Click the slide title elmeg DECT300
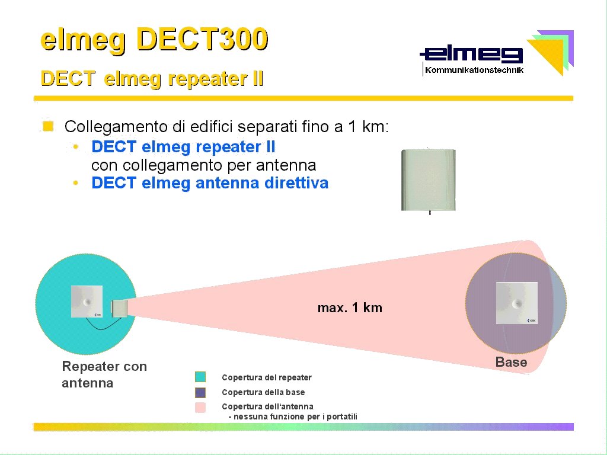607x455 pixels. point(154,40)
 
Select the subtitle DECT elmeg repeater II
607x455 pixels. point(152,79)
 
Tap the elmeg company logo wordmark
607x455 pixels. point(471,55)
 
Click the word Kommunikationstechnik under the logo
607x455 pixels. point(474,70)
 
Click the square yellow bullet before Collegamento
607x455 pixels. point(48,126)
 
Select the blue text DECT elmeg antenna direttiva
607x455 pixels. point(210,183)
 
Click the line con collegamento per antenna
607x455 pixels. point(204,165)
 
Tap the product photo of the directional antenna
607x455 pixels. point(429,180)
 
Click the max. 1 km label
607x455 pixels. point(350,307)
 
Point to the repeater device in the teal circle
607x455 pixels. point(87,302)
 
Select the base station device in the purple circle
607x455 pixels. point(517,303)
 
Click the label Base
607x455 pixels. point(511,362)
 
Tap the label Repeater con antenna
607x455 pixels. point(104,374)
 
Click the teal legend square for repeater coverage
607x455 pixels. point(200,377)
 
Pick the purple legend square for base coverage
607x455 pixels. point(200,392)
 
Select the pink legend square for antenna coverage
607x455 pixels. point(200,408)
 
